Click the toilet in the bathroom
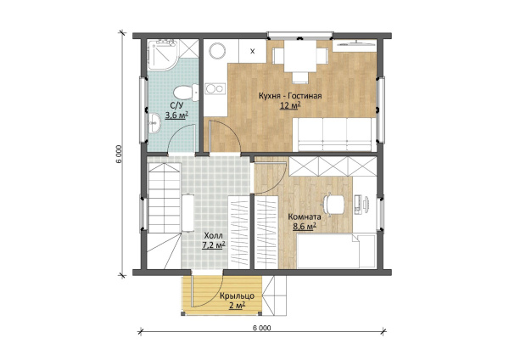pyautogui.click(x=186, y=93)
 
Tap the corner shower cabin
pyautogui.click(x=162, y=55)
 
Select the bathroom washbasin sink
pyautogui.click(x=154, y=123)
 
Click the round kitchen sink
pyautogui.click(x=217, y=51)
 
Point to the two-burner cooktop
pyautogui.click(x=215, y=88)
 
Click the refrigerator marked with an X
pyautogui.click(x=253, y=51)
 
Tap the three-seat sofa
pyautogui.click(x=334, y=134)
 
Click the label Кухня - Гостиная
pyautogui.click(x=290, y=96)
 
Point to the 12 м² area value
pyautogui.click(x=290, y=105)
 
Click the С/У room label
pyautogui.click(x=177, y=105)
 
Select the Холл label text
pyautogui.click(x=213, y=235)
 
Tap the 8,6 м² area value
pyautogui.click(x=305, y=227)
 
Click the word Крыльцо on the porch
pyautogui.click(x=237, y=296)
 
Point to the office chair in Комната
pyautogui.click(x=333, y=204)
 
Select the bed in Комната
pyautogui.click(x=337, y=250)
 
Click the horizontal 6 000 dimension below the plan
pyautogui.click(x=261, y=328)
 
